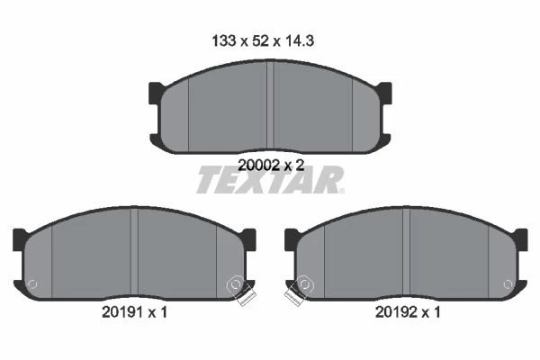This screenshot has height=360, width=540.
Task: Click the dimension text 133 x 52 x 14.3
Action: [263, 41]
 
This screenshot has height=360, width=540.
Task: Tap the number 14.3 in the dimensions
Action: [299, 41]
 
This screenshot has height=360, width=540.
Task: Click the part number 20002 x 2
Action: [271, 166]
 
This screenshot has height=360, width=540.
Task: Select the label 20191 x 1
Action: [134, 312]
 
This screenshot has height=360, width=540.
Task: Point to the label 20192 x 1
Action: [408, 312]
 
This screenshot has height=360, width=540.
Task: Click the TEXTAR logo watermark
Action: [270, 179]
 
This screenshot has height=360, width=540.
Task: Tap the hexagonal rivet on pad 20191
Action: [236, 284]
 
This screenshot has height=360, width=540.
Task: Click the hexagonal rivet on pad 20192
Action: [305, 284]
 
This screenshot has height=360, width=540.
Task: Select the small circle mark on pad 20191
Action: [32, 284]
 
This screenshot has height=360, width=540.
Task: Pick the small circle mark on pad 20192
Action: [508, 284]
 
